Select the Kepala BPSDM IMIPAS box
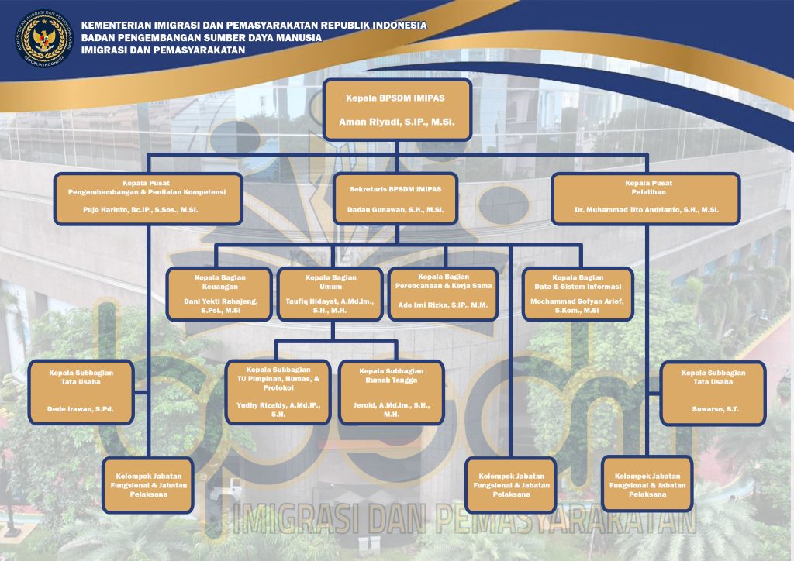point(396,109)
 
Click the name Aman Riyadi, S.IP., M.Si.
point(396,122)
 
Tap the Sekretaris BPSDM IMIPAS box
point(395,198)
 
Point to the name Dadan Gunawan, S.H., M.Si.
point(395,210)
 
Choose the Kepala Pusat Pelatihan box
point(646,198)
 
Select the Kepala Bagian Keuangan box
point(219,294)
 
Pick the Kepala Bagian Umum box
point(331,294)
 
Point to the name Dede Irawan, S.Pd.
point(81,408)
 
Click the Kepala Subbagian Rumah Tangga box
point(391,392)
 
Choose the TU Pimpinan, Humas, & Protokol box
point(278,392)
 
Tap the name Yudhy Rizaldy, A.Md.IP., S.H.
point(278,410)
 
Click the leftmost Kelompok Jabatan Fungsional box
point(148,484)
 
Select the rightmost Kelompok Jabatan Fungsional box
point(647,484)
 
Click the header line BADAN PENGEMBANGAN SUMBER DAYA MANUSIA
point(202,37)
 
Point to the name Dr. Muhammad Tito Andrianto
point(646,210)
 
